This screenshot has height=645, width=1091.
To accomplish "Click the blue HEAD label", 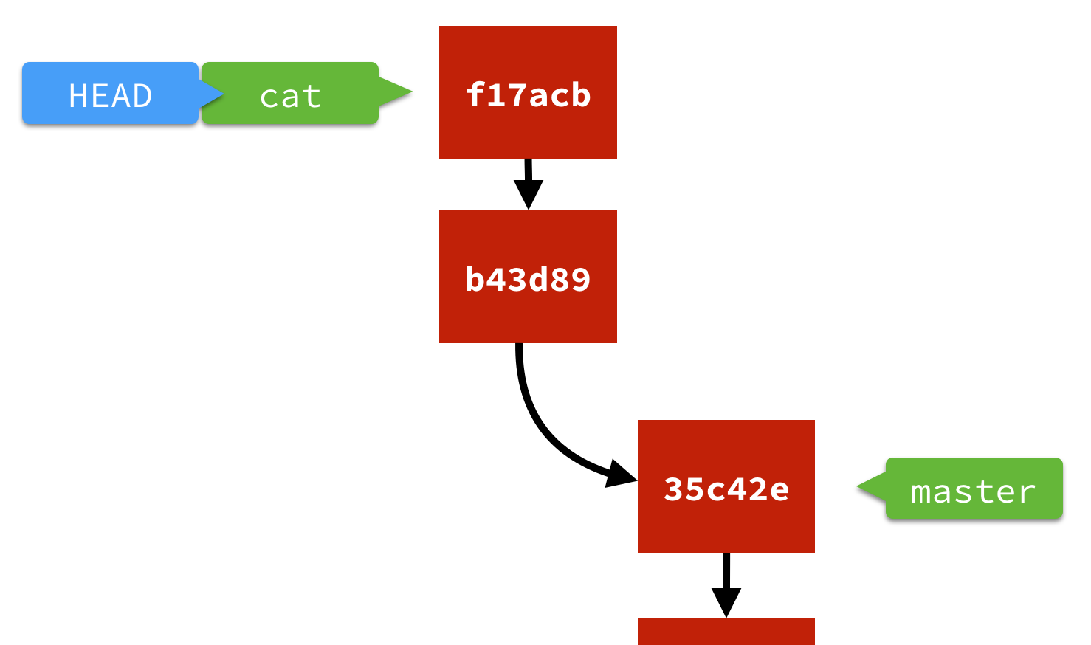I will point(111,94).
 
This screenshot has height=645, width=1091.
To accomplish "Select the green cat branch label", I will point(290,94).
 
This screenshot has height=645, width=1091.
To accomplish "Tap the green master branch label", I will point(973,489).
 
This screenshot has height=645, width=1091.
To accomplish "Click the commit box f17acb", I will point(528,92).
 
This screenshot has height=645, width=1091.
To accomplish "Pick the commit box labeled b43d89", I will point(528,277).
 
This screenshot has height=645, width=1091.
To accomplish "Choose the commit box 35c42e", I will point(726,486).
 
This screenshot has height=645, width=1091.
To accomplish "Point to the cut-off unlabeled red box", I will point(726,632).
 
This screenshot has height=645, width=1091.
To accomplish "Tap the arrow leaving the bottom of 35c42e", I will point(726,583).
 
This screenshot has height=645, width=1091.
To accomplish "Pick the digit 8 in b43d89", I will point(560,280).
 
